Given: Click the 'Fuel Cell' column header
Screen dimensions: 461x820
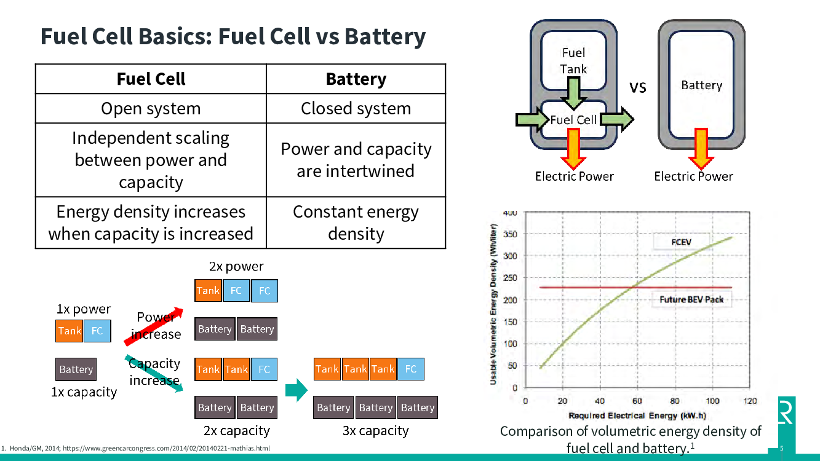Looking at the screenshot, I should pos(151,79).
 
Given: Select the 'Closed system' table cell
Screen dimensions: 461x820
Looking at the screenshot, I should pos(356,109).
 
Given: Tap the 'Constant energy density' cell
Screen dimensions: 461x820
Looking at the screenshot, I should pos(356,223).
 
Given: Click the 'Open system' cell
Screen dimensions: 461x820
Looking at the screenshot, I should pos(151,109).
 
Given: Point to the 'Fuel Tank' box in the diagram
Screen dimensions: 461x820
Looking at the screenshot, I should pos(573,61).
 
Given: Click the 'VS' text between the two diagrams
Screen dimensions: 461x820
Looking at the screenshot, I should pos(638,88).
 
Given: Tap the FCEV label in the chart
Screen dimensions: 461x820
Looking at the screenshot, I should pos(681,242).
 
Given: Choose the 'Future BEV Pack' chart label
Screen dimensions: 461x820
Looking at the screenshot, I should pos(691,300).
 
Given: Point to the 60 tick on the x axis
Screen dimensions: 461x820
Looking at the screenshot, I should pos(637,401).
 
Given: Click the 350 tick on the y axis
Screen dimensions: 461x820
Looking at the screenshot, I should pos(511,235).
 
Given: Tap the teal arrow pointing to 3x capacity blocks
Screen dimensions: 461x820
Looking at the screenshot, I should pos(297,389).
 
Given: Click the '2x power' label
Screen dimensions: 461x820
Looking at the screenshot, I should pos(236,267).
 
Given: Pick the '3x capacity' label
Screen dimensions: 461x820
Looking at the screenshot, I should pos(375,431).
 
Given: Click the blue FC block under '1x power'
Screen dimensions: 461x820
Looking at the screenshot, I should pos(97,331).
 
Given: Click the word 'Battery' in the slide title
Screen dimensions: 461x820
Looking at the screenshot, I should pos(384,37).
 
